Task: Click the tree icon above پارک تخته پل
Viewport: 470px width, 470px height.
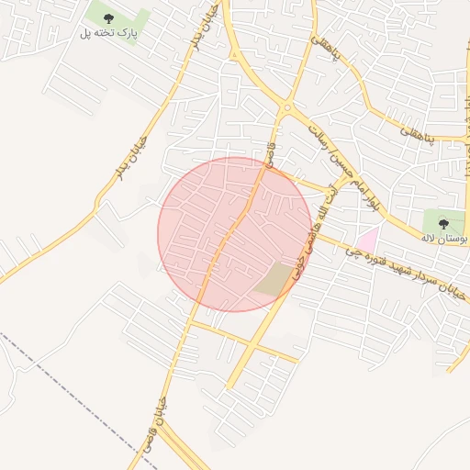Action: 109,17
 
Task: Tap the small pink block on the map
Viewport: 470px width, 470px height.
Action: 367,241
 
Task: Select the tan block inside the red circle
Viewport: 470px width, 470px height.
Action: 272,279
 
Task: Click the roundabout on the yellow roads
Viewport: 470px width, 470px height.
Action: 285,108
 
